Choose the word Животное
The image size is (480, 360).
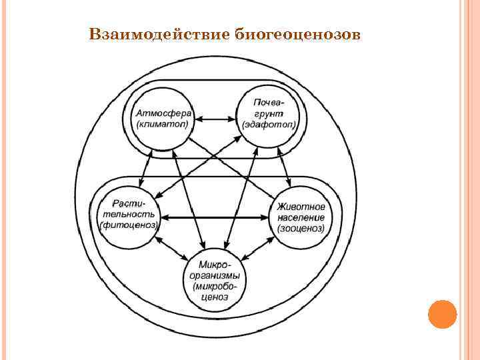click(301, 207)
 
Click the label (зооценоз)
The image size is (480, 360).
click(301, 228)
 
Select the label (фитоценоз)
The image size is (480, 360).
click(129, 225)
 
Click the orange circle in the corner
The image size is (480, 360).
click(442, 313)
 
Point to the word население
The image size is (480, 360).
click(301, 217)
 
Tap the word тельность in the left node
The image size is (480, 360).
click(129, 214)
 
